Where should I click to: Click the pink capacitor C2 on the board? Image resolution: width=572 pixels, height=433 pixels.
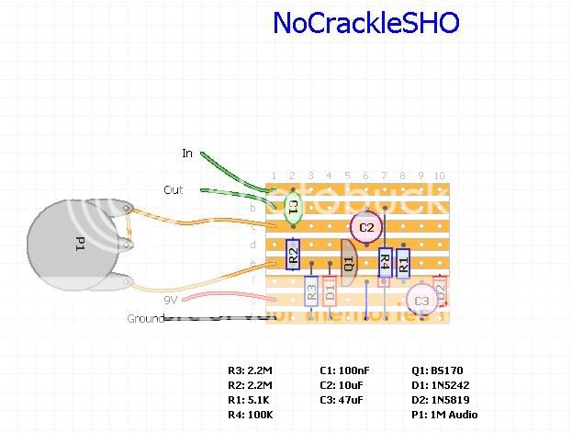(366, 227)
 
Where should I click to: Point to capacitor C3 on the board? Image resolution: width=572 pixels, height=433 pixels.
(421, 300)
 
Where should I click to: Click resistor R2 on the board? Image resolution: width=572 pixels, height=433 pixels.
(293, 253)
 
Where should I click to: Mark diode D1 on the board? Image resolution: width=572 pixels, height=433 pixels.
(330, 291)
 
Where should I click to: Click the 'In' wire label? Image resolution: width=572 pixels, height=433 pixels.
(187, 154)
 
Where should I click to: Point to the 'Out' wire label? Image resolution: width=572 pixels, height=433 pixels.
(173, 190)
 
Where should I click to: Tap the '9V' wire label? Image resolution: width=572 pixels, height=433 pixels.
(170, 300)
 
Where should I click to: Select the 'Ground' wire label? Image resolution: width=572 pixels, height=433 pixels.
(145, 319)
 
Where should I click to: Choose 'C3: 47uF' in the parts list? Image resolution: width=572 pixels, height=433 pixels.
(345, 400)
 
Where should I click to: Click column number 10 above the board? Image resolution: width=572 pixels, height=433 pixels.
(440, 176)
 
